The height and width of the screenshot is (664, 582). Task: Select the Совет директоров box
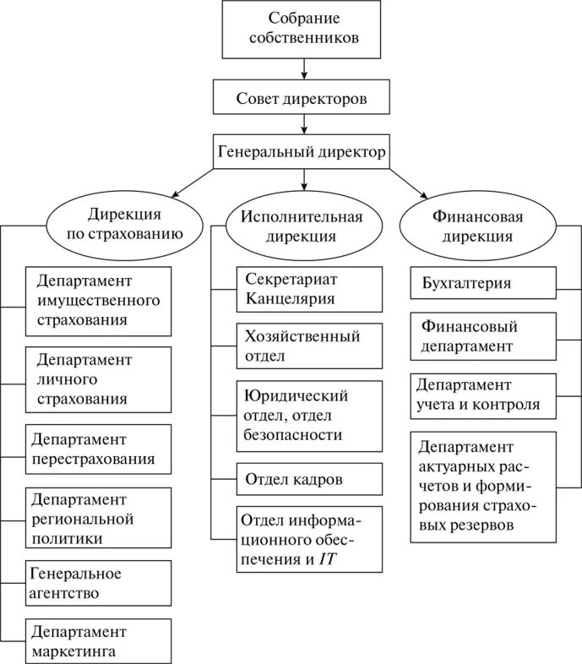tap(302, 99)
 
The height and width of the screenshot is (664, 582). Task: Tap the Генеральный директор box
tap(302, 153)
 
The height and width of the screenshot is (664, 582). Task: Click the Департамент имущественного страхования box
tap(98, 300)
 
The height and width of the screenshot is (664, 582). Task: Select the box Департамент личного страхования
tap(98, 377)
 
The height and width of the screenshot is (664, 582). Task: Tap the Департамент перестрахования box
tap(98, 450)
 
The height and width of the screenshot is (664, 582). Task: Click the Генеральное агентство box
tap(98, 583)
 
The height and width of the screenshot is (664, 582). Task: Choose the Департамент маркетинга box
tap(98, 641)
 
